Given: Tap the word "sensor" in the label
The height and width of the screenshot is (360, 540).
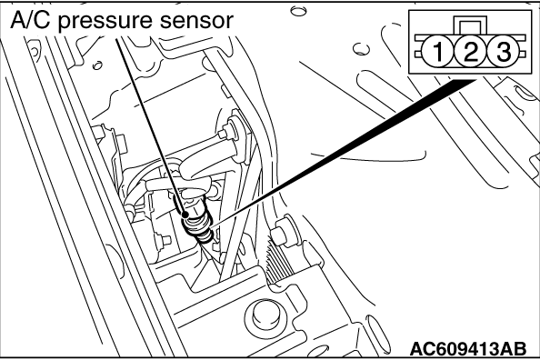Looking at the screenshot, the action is coord(196,21).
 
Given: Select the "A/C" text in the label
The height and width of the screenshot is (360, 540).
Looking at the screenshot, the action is coord(30,20).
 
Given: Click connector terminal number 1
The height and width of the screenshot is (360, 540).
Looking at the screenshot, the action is coord(437,52).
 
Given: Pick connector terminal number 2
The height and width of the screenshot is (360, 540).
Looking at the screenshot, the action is coord(470,52).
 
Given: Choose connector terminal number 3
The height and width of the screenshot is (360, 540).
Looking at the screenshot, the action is coord(503,52).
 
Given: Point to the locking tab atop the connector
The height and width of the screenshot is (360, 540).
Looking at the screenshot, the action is coord(470,25).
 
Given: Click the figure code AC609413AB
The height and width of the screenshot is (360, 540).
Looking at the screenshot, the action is coord(468,349).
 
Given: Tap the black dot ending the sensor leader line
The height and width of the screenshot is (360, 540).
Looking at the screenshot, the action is coord(185,215).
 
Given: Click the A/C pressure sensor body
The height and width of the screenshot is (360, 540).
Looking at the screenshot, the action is coord(199,224).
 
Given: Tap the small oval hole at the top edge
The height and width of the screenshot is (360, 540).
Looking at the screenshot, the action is coord(297,11).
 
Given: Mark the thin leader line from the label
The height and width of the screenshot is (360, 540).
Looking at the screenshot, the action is coord(151,126).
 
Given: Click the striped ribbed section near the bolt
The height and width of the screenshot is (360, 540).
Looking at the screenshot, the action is coord(279,262).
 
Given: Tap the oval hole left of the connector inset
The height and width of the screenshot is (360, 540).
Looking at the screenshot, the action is coord(361,49).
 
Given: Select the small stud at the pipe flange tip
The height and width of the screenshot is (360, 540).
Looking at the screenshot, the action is coord(225,133).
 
